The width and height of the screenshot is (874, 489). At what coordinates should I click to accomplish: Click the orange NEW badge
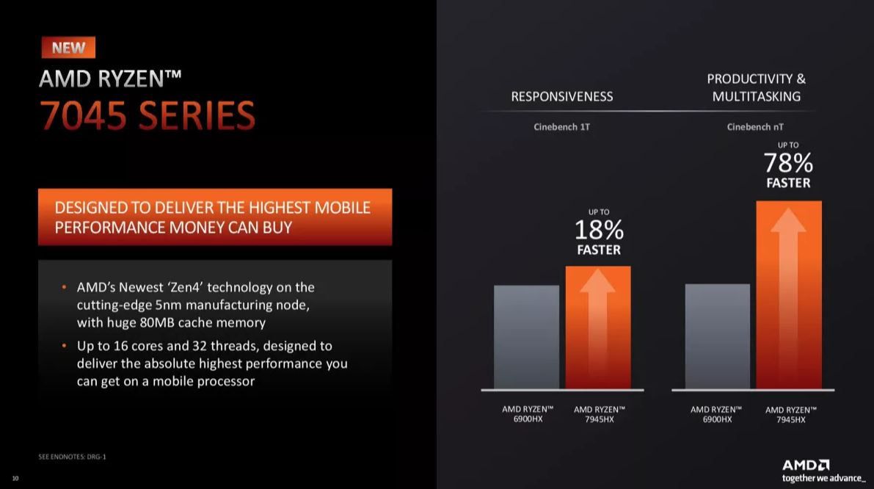pos(68,48)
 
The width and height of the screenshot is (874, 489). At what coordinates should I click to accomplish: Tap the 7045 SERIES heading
pos(148,116)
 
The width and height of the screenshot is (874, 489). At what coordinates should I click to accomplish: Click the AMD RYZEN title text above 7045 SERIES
pos(110,79)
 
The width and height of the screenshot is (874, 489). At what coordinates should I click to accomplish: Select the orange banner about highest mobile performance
pos(215,217)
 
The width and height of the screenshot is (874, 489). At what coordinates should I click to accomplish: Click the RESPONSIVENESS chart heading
pos(562,96)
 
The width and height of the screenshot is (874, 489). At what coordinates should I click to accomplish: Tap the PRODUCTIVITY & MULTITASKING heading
pos(757,87)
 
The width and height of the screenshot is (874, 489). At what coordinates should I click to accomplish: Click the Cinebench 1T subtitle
pos(562,127)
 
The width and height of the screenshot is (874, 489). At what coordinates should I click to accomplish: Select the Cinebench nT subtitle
pos(754,127)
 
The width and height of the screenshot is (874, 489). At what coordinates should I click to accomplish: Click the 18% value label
pos(599,230)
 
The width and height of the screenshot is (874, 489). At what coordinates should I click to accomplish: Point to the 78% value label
pos(788,164)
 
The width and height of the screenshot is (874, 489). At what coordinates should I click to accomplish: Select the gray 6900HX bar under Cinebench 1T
pos(526,337)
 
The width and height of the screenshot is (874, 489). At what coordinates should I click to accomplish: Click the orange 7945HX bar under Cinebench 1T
pos(598,327)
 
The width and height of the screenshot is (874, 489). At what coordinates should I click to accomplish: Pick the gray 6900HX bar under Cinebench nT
pos(718,336)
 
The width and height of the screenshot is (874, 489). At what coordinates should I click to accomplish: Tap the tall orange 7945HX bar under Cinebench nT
pos(789,295)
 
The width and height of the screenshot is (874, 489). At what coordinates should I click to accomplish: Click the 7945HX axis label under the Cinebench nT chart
pos(791,414)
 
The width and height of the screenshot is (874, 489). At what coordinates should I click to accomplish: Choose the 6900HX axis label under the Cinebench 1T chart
pos(528,413)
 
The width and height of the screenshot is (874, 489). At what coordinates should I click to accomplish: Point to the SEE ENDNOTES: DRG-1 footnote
pos(72,457)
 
